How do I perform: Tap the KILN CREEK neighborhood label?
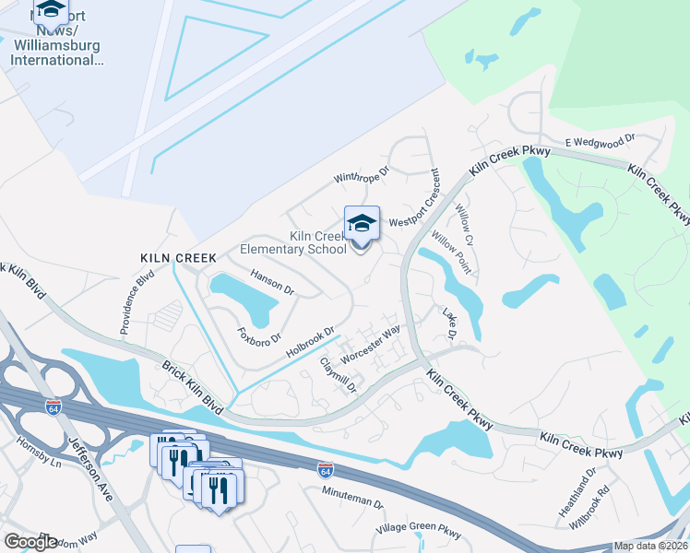(x=178, y=258)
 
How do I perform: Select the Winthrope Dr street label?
(x=362, y=175)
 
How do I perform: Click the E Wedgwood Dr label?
(x=601, y=140)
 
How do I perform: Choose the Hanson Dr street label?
(x=272, y=282)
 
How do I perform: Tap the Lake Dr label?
(x=450, y=322)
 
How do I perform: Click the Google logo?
(x=30, y=542)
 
